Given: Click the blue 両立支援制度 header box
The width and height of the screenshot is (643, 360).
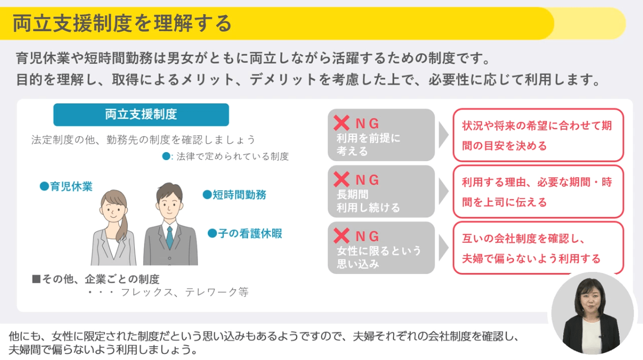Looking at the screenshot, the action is [141, 114].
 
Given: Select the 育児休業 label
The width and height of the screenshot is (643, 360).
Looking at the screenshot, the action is [66, 186].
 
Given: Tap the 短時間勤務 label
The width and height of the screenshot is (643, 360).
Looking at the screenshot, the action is [235, 195].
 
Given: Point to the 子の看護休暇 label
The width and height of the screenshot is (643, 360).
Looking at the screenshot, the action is [245, 233].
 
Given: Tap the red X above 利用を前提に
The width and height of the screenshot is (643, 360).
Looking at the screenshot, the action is [341, 123].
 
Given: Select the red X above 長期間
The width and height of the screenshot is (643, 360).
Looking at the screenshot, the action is [341, 179].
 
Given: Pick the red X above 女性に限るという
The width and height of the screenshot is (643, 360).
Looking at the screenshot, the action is [341, 236].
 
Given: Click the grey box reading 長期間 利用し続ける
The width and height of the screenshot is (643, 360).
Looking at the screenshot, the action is [381, 191].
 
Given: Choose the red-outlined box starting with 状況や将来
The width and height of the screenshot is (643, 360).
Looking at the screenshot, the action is [538, 135].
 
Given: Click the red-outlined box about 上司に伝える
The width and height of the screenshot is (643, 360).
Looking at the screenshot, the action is [538, 191].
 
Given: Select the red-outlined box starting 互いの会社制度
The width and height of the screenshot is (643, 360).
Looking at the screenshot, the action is [538, 248].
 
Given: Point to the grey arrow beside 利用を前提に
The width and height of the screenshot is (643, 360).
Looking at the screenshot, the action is [443, 135].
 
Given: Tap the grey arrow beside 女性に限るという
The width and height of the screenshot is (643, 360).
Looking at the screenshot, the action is [443, 248].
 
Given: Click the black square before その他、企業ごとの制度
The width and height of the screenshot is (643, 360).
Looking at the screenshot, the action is [36, 279].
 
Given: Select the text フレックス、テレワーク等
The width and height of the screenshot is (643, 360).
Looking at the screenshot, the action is [185, 292].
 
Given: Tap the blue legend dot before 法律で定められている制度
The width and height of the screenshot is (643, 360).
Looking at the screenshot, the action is [165, 156].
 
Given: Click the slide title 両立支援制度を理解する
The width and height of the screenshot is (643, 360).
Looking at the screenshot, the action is [122, 23].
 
